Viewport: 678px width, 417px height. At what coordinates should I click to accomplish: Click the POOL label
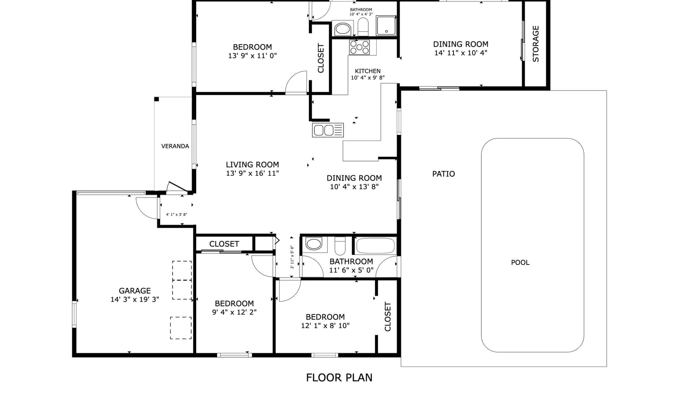520,263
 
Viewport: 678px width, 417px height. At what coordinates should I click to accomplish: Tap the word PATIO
443,174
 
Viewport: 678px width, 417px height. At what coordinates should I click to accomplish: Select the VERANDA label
175,147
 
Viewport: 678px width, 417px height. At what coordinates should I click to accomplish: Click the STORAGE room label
536,44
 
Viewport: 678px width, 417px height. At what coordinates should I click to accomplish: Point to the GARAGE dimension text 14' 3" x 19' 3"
135,300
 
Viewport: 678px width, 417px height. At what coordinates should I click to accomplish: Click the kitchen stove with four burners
359,47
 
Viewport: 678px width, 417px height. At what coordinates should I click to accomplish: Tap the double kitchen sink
328,130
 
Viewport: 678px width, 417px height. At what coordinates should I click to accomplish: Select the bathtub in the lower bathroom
375,245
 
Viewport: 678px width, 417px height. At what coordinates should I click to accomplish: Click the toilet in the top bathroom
363,27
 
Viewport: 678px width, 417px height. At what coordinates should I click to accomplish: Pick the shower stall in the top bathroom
386,26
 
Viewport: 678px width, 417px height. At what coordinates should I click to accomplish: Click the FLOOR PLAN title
339,378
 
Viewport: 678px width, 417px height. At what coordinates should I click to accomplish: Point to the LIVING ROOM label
253,165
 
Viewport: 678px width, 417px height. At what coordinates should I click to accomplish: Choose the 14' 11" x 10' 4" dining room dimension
461,53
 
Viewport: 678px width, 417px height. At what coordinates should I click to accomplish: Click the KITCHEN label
368,71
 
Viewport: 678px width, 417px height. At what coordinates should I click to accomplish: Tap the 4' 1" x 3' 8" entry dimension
176,214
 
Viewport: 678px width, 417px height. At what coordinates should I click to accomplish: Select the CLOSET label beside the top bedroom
321,58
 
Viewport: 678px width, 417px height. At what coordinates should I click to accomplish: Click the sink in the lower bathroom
314,244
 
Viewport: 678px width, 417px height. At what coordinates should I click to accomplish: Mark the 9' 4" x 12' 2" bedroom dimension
234,312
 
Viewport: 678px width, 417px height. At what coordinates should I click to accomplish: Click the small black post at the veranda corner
156,99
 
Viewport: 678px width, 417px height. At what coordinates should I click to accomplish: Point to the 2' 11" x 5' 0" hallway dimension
292,257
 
